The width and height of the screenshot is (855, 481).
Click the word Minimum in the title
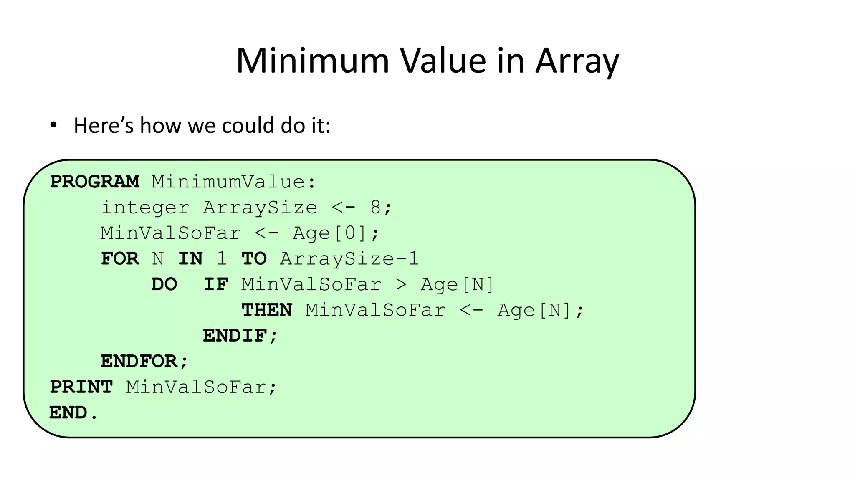coord(313,61)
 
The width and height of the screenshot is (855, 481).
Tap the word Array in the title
coord(577,62)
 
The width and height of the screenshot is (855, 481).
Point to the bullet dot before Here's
coord(53,125)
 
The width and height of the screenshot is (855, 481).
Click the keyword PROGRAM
coord(95,182)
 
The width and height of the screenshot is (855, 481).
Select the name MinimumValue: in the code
coord(234,182)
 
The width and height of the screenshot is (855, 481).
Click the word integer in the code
coord(145,208)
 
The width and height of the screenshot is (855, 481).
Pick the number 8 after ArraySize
coord(375,208)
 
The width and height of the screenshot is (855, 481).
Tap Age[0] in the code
coord(330,233)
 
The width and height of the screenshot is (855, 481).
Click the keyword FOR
coord(120,259)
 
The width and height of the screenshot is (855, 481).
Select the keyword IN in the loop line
coord(190,259)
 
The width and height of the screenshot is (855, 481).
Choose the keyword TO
coord(254,259)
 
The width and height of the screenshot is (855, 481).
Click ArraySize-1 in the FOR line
coord(349,259)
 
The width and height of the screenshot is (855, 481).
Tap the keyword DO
coord(164,285)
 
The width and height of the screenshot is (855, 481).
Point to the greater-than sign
coord(401,285)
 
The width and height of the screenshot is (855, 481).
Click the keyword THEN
coord(267,310)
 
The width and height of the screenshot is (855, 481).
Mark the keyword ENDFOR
coord(139,362)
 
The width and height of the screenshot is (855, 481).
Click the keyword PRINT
coord(81,387)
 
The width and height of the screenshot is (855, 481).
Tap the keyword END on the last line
coord(68,413)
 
